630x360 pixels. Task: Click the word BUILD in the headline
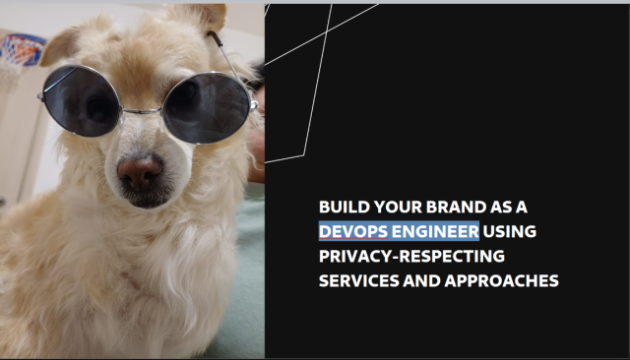(x=340, y=208)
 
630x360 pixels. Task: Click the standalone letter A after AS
(x=523, y=208)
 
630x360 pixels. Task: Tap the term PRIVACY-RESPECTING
(x=410, y=256)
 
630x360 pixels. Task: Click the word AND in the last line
(x=426, y=280)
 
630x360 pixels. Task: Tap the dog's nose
(x=140, y=172)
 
